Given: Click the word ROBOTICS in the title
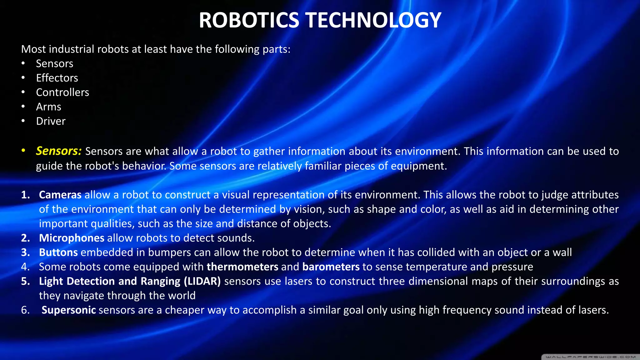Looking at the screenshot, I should (249, 20).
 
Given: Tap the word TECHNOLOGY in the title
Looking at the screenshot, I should (373, 20).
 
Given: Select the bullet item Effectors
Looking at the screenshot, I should (57, 78).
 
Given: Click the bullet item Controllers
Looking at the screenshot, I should (62, 92).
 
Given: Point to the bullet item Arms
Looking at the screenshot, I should (48, 107).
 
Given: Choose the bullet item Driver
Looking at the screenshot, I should (51, 121).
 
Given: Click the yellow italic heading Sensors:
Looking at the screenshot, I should (59, 151).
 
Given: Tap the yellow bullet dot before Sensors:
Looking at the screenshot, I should (23, 151).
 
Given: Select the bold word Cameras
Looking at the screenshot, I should (60, 195).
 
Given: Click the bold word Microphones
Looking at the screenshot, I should (72, 238).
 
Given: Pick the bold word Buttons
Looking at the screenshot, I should (58, 252).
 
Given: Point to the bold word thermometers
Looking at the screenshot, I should (242, 267).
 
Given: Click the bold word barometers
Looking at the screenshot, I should (331, 267).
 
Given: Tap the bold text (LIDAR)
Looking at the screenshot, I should (202, 281).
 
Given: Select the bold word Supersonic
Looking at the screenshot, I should (68, 310).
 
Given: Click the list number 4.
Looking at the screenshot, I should (25, 267).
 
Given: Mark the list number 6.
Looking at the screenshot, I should (25, 310).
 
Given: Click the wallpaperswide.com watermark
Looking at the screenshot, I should (590, 357).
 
